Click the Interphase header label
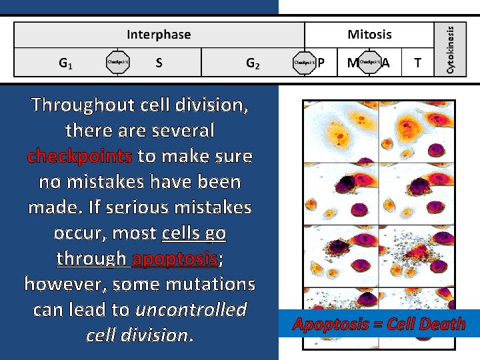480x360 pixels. pyautogui.click(x=159, y=35)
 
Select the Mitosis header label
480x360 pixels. pyautogui.click(x=369, y=35)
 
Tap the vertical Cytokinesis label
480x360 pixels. pyautogui.click(x=451, y=49)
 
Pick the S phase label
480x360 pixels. pyautogui.click(x=159, y=63)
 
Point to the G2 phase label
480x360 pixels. pyautogui.click(x=253, y=63)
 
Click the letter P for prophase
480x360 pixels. pyautogui.click(x=321, y=63)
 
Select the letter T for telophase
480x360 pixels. pyautogui.click(x=417, y=63)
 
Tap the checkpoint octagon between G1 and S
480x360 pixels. pyautogui.click(x=118, y=63)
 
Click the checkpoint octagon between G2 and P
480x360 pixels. pyautogui.click(x=304, y=63)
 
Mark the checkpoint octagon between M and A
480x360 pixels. pyautogui.click(x=369, y=63)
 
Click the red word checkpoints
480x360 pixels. pyautogui.click(x=80, y=156)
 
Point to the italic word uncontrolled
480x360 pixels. pyautogui.click(x=191, y=309)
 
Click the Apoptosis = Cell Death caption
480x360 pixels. pyautogui.click(x=379, y=325)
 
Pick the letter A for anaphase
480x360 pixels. pyautogui.click(x=385, y=63)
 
